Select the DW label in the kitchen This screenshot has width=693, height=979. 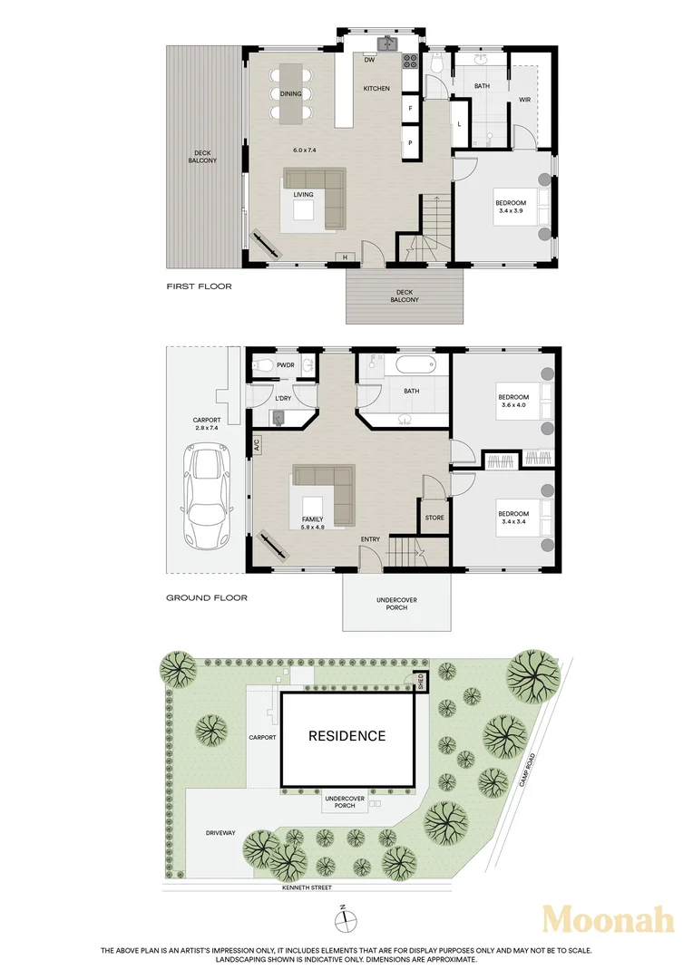click(370, 61)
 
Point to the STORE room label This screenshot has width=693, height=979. click(434, 519)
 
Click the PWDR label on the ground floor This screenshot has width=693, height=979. click(287, 365)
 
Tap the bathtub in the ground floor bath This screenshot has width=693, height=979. click(417, 366)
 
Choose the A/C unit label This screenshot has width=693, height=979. click(257, 445)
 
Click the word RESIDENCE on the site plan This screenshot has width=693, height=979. click(347, 736)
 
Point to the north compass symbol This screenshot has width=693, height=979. click(345, 921)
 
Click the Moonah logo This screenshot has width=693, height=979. click(608, 920)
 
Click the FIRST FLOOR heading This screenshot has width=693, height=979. click(199, 286)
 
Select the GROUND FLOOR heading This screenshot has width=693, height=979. click(206, 598)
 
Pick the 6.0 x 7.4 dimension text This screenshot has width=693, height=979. click(304, 150)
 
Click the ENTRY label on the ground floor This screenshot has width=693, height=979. click(370, 540)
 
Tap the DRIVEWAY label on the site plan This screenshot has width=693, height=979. click(220, 832)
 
